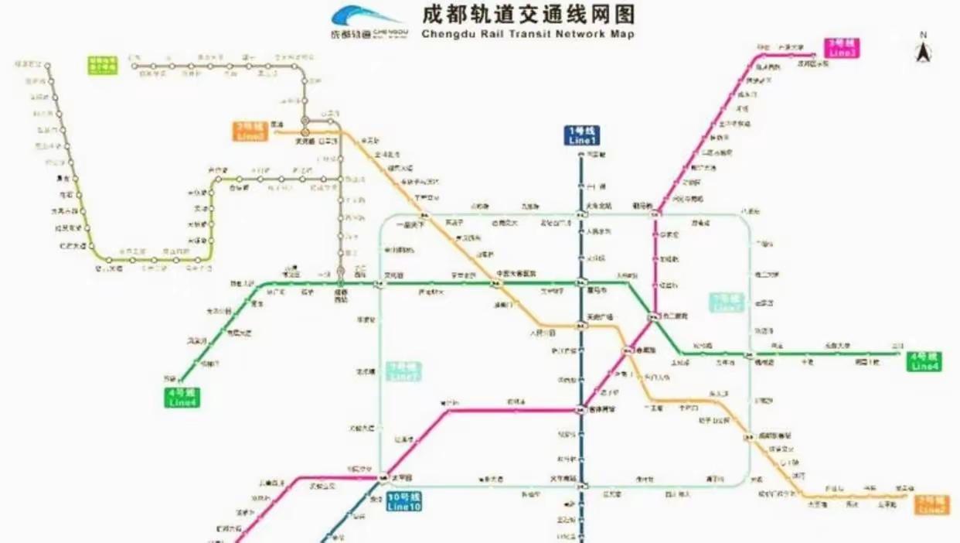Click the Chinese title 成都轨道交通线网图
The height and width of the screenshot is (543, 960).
click(528, 15)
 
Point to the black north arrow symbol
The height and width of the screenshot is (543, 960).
click(923, 53)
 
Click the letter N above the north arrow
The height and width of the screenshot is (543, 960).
click(923, 36)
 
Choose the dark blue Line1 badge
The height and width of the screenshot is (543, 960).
click(582, 136)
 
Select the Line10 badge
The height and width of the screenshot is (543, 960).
click(404, 502)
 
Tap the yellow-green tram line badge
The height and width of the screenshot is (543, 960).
click(102, 64)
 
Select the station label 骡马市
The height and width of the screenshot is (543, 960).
click(598, 290)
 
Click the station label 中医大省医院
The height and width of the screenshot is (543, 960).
click(516, 273)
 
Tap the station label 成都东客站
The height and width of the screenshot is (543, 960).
click(774, 435)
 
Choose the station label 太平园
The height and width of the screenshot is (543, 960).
click(399, 477)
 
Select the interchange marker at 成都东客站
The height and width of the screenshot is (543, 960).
click(748, 439)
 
